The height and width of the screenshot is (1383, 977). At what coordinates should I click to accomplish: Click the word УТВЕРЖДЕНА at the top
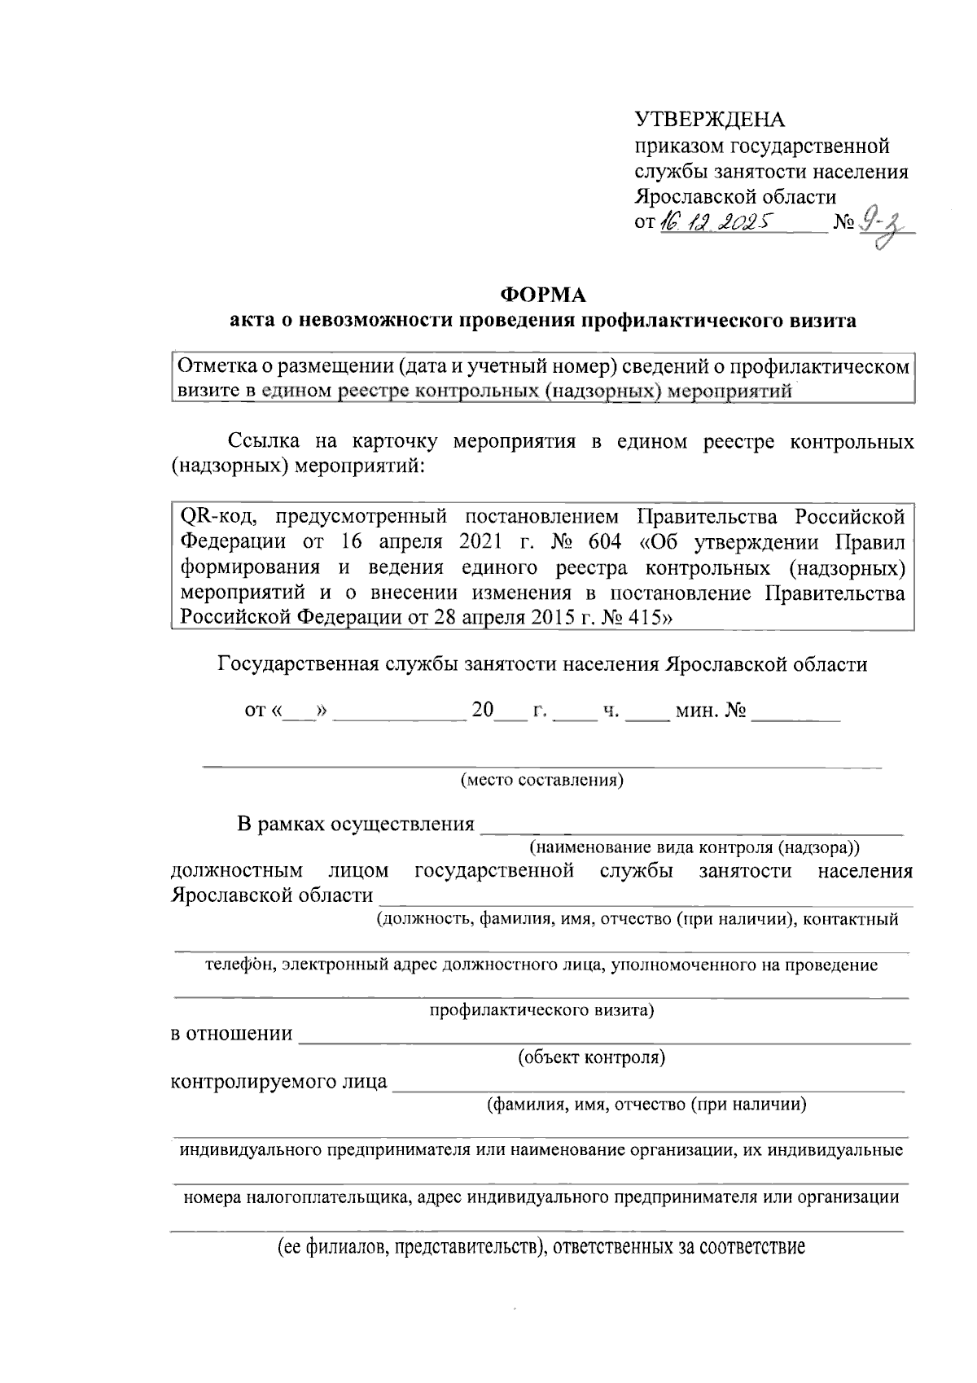[x=710, y=120]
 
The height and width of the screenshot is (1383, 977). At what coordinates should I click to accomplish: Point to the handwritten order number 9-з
[x=884, y=222]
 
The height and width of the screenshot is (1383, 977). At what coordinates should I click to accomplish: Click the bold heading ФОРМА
[x=542, y=293]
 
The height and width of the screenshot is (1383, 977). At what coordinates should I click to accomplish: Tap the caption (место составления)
[x=542, y=781]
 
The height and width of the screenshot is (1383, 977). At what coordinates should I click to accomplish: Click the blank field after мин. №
[x=796, y=713]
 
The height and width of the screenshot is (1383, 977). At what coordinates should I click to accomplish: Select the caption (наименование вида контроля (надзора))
[x=694, y=847]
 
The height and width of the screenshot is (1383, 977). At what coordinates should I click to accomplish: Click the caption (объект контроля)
[x=592, y=1058]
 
